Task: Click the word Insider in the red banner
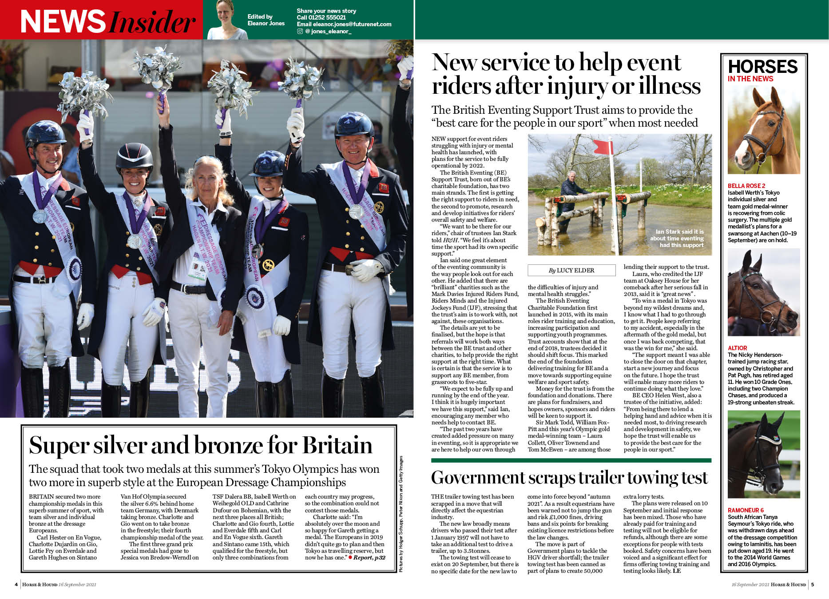(152, 21)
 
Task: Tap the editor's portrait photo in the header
(227, 20)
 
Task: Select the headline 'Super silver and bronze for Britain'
(200, 445)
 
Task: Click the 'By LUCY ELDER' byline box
(571, 270)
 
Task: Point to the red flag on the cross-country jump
(603, 147)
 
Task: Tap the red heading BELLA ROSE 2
(746, 186)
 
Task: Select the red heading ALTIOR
(737, 348)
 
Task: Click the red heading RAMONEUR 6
(746, 510)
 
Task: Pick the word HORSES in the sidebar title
(763, 67)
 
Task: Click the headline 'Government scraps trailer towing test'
(569, 478)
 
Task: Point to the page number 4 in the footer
(16, 584)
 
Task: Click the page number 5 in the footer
(813, 584)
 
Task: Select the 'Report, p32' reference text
(369, 558)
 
